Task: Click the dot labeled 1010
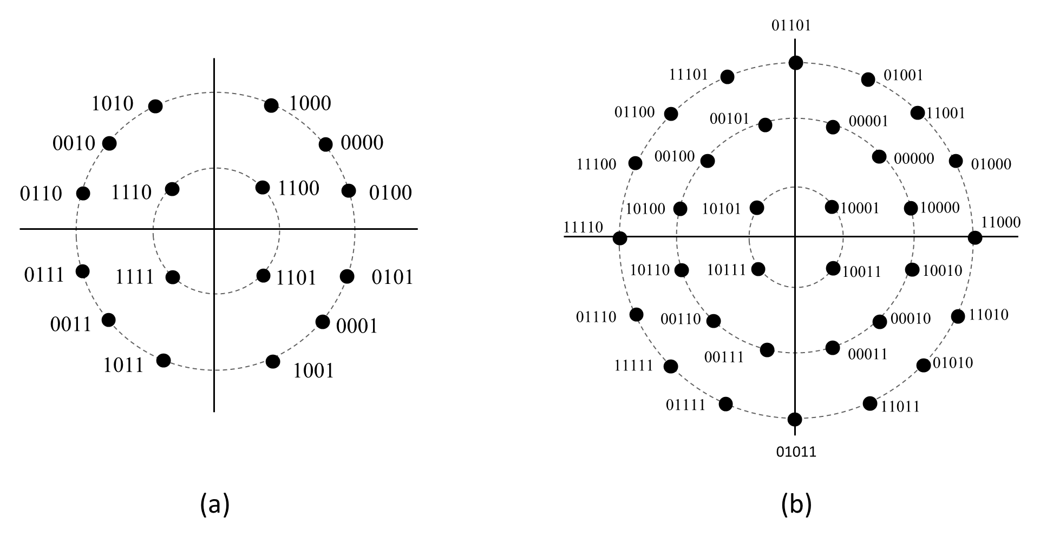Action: pos(155,106)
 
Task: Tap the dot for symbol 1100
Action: pos(263,188)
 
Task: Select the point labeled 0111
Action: pos(83,271)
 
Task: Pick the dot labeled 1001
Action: pos(273,361)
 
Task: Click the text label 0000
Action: pos(362,143)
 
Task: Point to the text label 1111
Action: pos(135,277)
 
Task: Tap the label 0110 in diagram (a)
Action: pos(41,194)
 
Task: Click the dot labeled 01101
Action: pos(796,63)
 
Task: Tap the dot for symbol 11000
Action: pos(975,237)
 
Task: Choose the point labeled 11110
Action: pos(620,238)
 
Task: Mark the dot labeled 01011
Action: pos(795,419)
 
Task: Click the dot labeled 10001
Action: pos(832,207)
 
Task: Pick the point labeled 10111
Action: pos(758,269)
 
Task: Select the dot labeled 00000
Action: pos(879,157)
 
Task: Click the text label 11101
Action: pos(689,75)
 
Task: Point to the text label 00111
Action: pos(724,357)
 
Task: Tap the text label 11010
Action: pos(989,314)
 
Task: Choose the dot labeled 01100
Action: pos(671,114)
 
